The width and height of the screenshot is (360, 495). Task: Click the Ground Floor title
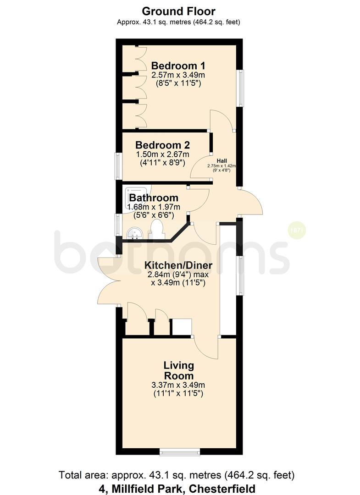[x=178, y=11]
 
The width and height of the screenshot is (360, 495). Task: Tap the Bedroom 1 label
[x=178, y=66]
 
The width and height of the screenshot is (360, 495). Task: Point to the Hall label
[x=222, y=161]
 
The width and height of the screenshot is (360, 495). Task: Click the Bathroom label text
[x=154, y=198]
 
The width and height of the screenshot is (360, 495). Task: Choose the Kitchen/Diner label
[x=178, y=265]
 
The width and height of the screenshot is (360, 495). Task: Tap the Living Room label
[x=178, y=371]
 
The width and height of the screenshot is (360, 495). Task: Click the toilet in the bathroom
[x=157, y=229]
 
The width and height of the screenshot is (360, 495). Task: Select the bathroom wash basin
[x=135, y=234]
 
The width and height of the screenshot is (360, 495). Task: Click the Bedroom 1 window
[x=241, y=88]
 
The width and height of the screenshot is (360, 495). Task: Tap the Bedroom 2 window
[x=117, y=166]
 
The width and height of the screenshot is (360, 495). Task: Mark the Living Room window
[x=180, y=452]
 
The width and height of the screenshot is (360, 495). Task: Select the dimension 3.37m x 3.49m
[x=178, y=385]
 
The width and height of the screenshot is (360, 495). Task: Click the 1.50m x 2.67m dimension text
[x=163, y=154]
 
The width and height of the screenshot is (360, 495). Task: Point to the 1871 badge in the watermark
[x=297, y=231]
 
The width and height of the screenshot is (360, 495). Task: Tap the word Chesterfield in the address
[x=222, y=489]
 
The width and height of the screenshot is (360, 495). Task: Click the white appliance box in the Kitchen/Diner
[x=182, y=327]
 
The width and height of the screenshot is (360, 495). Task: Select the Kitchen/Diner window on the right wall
[x=241, y=275]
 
